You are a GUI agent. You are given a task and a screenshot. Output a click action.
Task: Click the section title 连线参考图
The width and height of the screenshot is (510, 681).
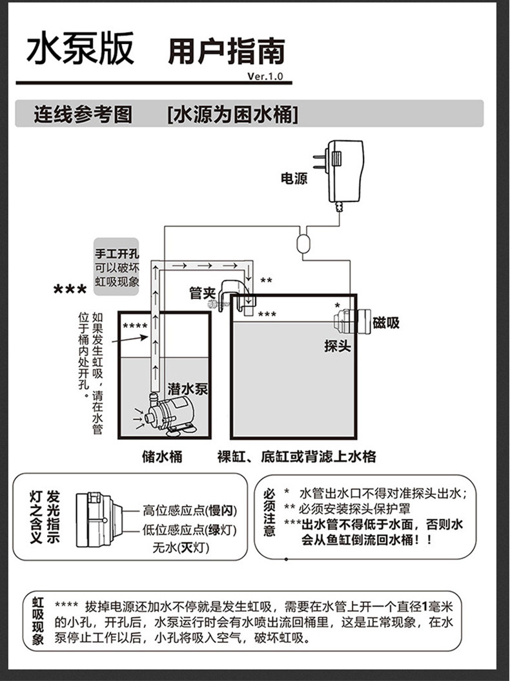coord(83,115)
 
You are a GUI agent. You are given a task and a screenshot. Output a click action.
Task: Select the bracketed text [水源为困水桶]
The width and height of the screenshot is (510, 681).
coord(232,115)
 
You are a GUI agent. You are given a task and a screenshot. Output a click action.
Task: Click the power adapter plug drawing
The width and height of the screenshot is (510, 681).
coord(342,171)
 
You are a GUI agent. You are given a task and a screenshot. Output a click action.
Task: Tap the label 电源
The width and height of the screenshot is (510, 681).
coord(294,178)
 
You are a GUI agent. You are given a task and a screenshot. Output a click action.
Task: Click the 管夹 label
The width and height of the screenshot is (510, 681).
coord(201,293)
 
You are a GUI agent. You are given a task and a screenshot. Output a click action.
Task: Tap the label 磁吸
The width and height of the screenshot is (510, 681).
coord(385,322)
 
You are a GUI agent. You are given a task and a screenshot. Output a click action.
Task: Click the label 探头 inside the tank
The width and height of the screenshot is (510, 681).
coord(336,346)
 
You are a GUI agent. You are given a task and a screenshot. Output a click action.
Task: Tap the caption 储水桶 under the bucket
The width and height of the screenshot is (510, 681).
coord(162,457)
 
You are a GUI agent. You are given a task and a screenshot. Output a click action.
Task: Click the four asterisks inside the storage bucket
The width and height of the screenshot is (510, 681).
coord(135,325)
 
